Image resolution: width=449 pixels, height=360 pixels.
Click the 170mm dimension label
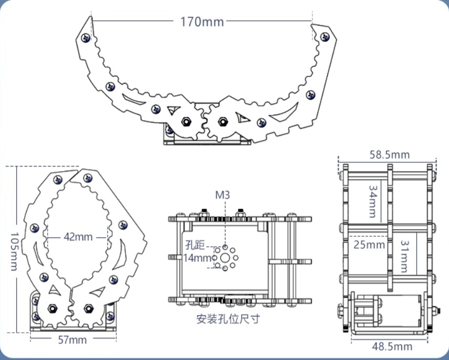click(202, 22)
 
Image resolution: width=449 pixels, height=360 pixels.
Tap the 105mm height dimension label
click(14, 251)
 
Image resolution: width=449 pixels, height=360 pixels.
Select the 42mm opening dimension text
click(78, 237)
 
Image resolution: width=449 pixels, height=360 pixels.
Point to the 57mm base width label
click(72, 340)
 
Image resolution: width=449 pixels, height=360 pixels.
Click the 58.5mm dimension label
click(389, 155)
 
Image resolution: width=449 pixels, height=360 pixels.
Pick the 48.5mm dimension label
click(392, 346)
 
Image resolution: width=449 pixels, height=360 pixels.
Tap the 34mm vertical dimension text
click(373, 202)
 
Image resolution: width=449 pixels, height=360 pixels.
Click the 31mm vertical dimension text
click(404, 256)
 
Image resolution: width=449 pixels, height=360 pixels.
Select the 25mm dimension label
click(369, 245)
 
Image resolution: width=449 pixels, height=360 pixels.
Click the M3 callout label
click(222, 195)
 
